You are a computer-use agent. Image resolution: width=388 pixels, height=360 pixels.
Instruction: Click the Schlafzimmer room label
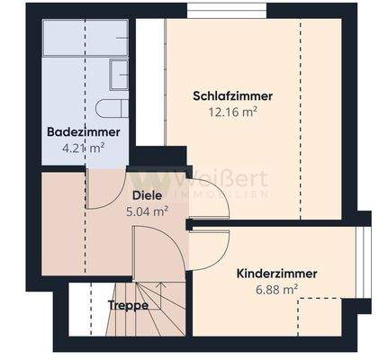tap(232, 96)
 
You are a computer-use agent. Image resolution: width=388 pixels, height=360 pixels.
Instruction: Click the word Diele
tap(147, 195)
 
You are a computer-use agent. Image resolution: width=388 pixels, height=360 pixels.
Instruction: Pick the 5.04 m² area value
tap(147, 211)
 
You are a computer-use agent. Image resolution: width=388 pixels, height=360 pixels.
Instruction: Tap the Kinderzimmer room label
tap(276, 273)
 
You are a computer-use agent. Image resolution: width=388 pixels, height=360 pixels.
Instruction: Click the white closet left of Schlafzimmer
tap(149, 81)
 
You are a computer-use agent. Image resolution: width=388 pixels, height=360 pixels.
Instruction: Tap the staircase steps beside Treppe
tap(163, 306)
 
